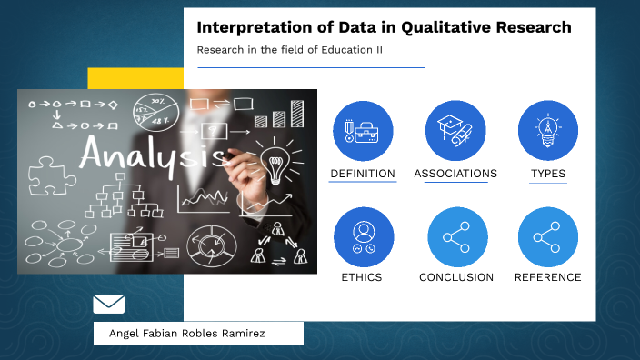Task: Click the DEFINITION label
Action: (x=363, y=174)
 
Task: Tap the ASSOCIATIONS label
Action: (x=455, y=174)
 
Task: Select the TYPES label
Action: (x=548, y=174)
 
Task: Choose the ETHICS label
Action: (x=362, y=277)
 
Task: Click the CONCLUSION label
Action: (x=456, y=277)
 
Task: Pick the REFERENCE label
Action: (x=548, y=277)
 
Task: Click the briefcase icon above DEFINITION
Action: (x=363, y=130)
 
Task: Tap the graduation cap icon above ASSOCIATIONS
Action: (x=455, y=130)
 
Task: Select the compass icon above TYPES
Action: (x=548, y=130)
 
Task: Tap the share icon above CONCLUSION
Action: (x=457, y=237)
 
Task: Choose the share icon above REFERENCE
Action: (x=548, y=237)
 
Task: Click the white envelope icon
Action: (x=109, y=304)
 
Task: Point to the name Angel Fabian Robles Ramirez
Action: (x=186, y=334)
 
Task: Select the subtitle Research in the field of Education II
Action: (x=289, y=50)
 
